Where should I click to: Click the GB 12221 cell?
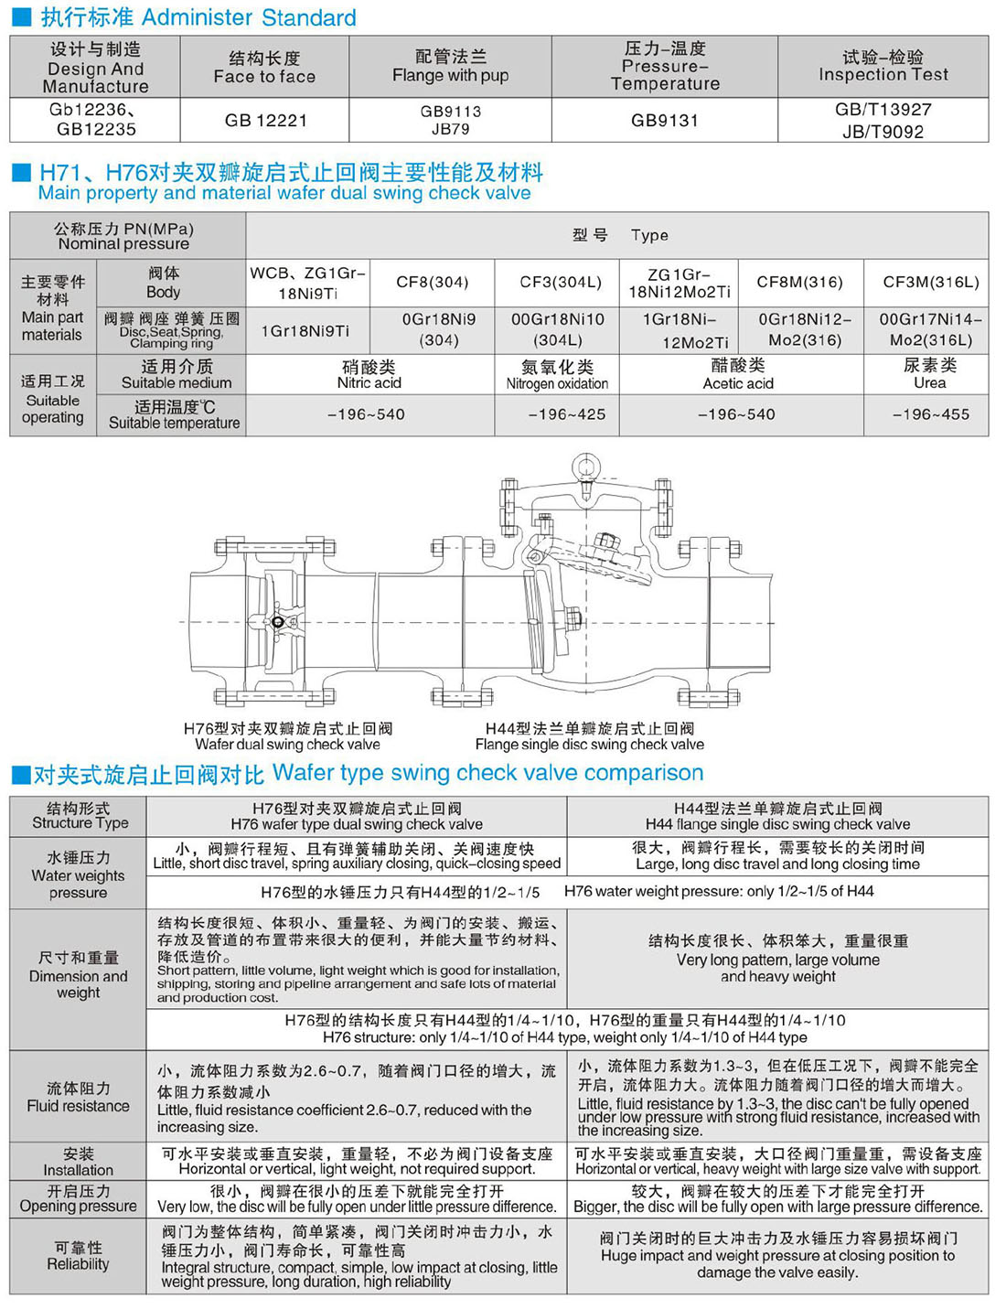pos(266,120)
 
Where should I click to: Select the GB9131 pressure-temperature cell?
pos(665,120)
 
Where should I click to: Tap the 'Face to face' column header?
pos(264,68)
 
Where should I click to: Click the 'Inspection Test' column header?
pos(883,67)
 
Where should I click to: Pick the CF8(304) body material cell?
pos(432,282)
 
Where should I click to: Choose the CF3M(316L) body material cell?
pos(930,282)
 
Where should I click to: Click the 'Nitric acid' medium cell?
pos(369,375)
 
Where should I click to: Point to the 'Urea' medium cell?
pos(929,375)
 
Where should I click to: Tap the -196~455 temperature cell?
pos(930,414)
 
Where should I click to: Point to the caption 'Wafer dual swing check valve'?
pos(287,745)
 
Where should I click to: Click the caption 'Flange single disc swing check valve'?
pos(589,745)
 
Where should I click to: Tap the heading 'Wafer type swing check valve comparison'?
pos(487,773)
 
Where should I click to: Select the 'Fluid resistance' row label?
pos(78,1098)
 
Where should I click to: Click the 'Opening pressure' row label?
pos(78,1198)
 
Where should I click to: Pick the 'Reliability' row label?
pos(78,1256)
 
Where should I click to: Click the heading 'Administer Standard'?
pos(249,17)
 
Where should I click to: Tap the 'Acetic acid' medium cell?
pos(738,375)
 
